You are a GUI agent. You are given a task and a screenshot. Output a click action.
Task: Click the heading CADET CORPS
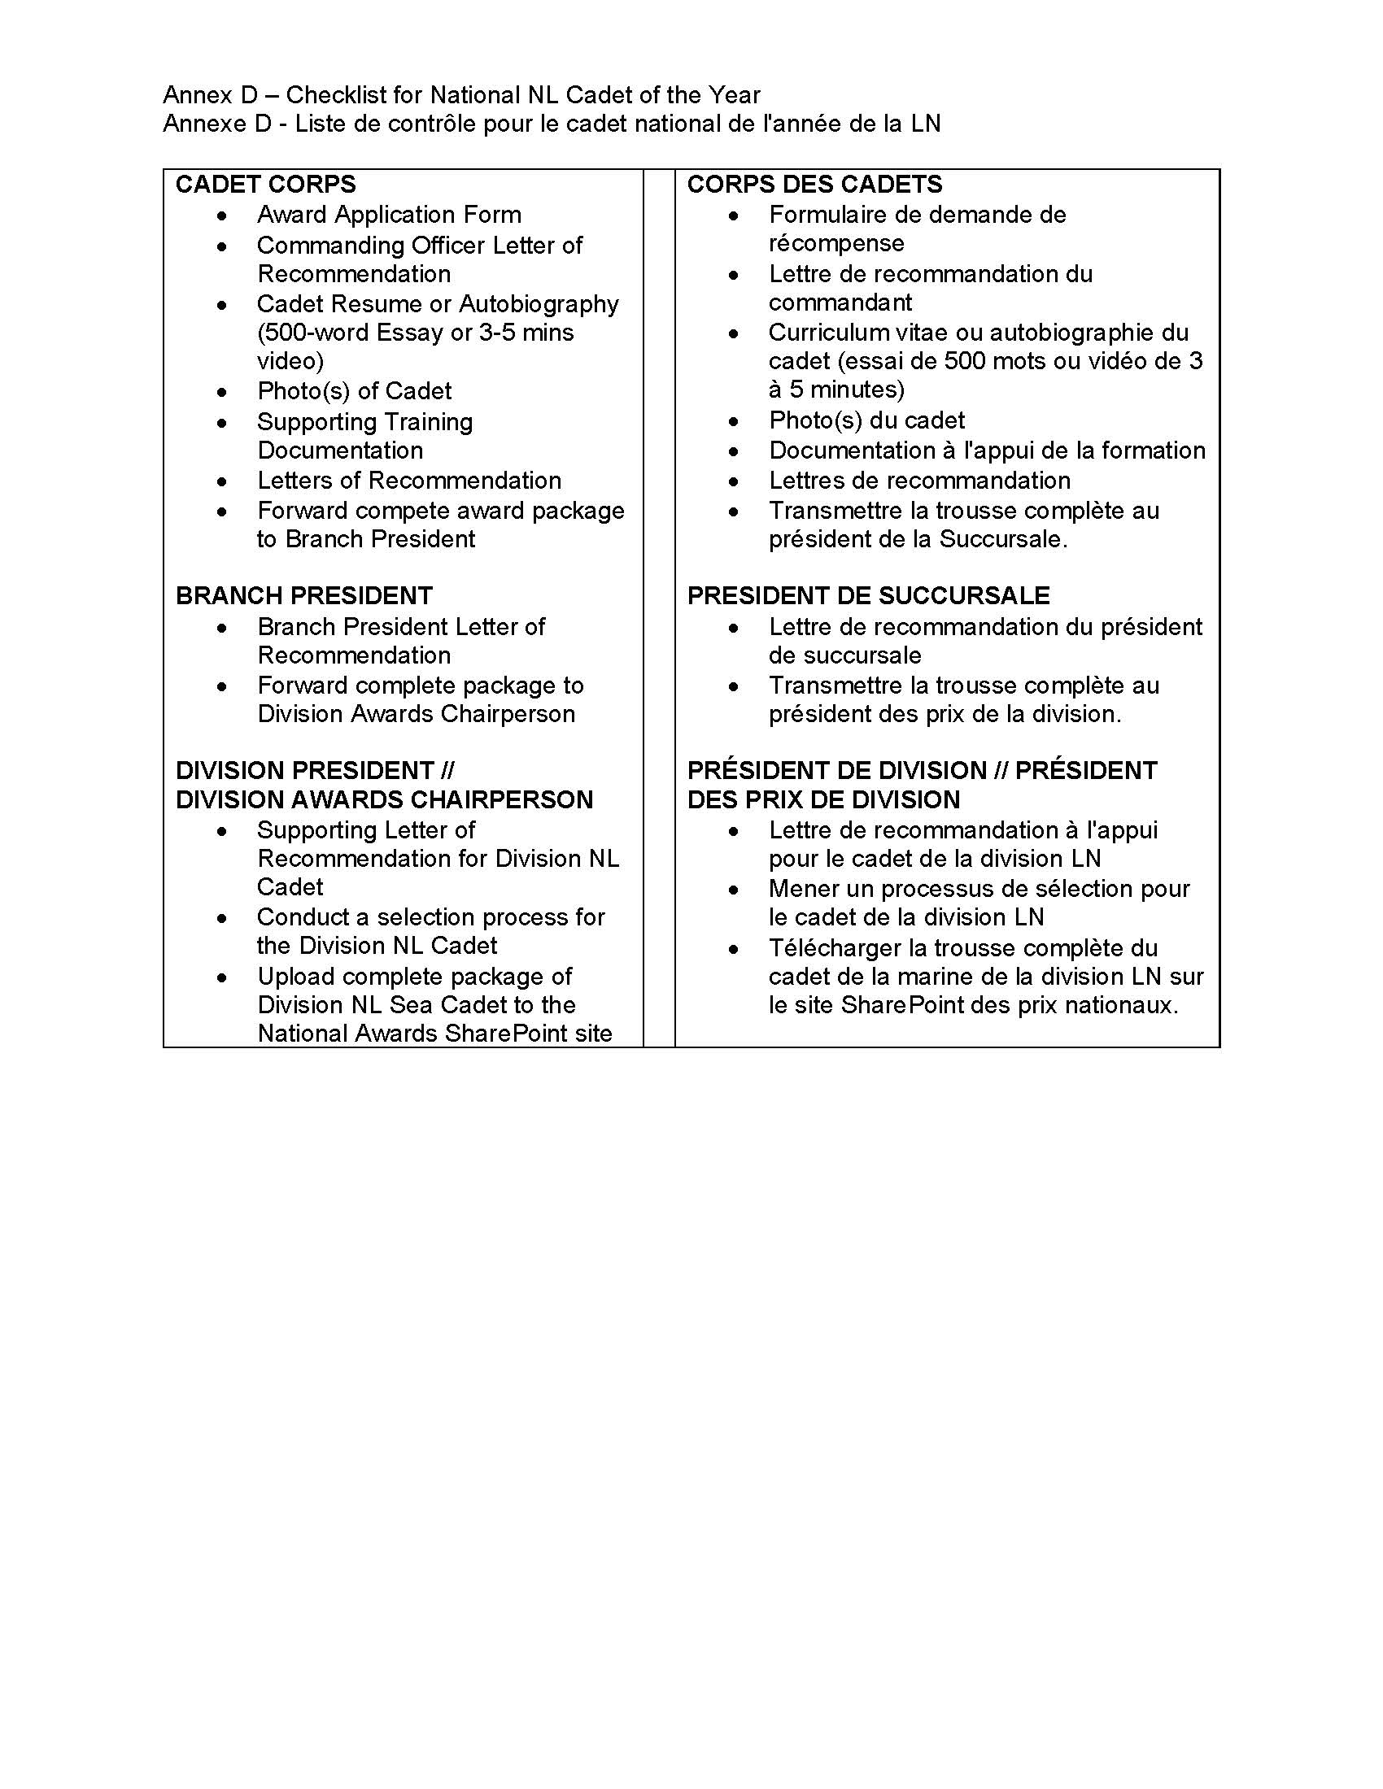[x=265, y=185]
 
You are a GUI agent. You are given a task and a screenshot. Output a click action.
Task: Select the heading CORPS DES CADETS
[x=814, y=185]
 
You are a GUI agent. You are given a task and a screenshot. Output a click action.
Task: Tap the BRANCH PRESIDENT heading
[x=303, y=595]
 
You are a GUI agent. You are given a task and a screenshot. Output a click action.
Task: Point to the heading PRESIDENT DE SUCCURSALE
[x=869, y=595]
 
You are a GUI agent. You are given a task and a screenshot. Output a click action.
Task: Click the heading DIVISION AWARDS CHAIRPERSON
[x=384, y=799]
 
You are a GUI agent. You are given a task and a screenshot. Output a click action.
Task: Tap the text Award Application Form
[x=389, y=215]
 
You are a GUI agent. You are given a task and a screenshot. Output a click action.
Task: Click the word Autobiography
[x=539, y=304]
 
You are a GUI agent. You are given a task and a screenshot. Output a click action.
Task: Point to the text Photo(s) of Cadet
[x=354, y=390]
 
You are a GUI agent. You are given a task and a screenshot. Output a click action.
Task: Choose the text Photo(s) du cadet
[x=866, y=420]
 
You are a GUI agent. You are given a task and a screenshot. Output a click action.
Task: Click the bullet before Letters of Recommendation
[x=222, y=481]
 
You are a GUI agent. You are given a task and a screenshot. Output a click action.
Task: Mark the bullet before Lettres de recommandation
[x=733, y=481]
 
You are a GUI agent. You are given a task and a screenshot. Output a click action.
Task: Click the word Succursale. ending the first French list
[x=1003, y=539]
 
